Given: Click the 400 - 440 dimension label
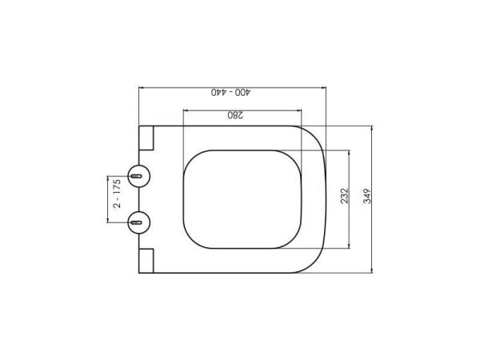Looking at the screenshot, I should (x=231, y=93).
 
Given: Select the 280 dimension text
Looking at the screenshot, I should (x=234, y=116).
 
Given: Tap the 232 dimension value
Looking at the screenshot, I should (x=344, y=198).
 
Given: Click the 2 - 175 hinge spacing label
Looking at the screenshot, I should (x=117, y=195).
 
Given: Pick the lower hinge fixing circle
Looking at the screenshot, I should (x=138, y=220).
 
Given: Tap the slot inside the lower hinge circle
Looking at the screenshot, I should (x=138, y=220).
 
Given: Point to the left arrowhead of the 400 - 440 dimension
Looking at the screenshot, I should (x=141, y=85).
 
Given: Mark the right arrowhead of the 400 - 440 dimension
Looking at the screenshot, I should (x=326, y=85).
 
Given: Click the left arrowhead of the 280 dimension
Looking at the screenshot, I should (x=186, y=108).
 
